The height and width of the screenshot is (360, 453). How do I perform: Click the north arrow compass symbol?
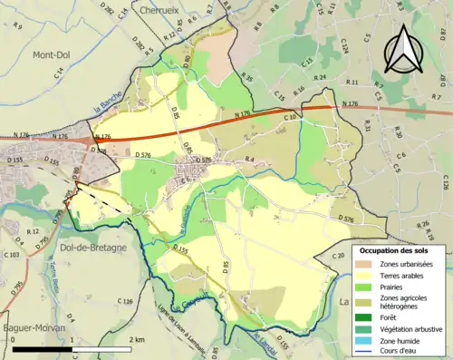pyautogui.click(x=404, y=48)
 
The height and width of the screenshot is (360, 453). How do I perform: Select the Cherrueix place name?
pyautogui.click(x=163, y=9)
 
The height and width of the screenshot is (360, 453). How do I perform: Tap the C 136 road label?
pyautogui.click(x=126, y=302)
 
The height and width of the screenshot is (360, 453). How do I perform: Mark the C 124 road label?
pyautogui.click(x=344, y=45)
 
